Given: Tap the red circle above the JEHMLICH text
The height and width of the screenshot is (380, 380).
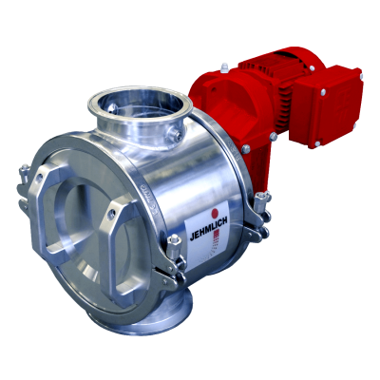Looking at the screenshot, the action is pyautogui.click(x=215, y=213).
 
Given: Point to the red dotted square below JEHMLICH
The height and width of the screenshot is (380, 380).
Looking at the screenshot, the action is pyautogui.click(x=216, y=236).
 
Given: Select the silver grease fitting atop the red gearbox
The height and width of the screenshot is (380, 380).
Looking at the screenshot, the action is pyautogui.click(x=224, y=67).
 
